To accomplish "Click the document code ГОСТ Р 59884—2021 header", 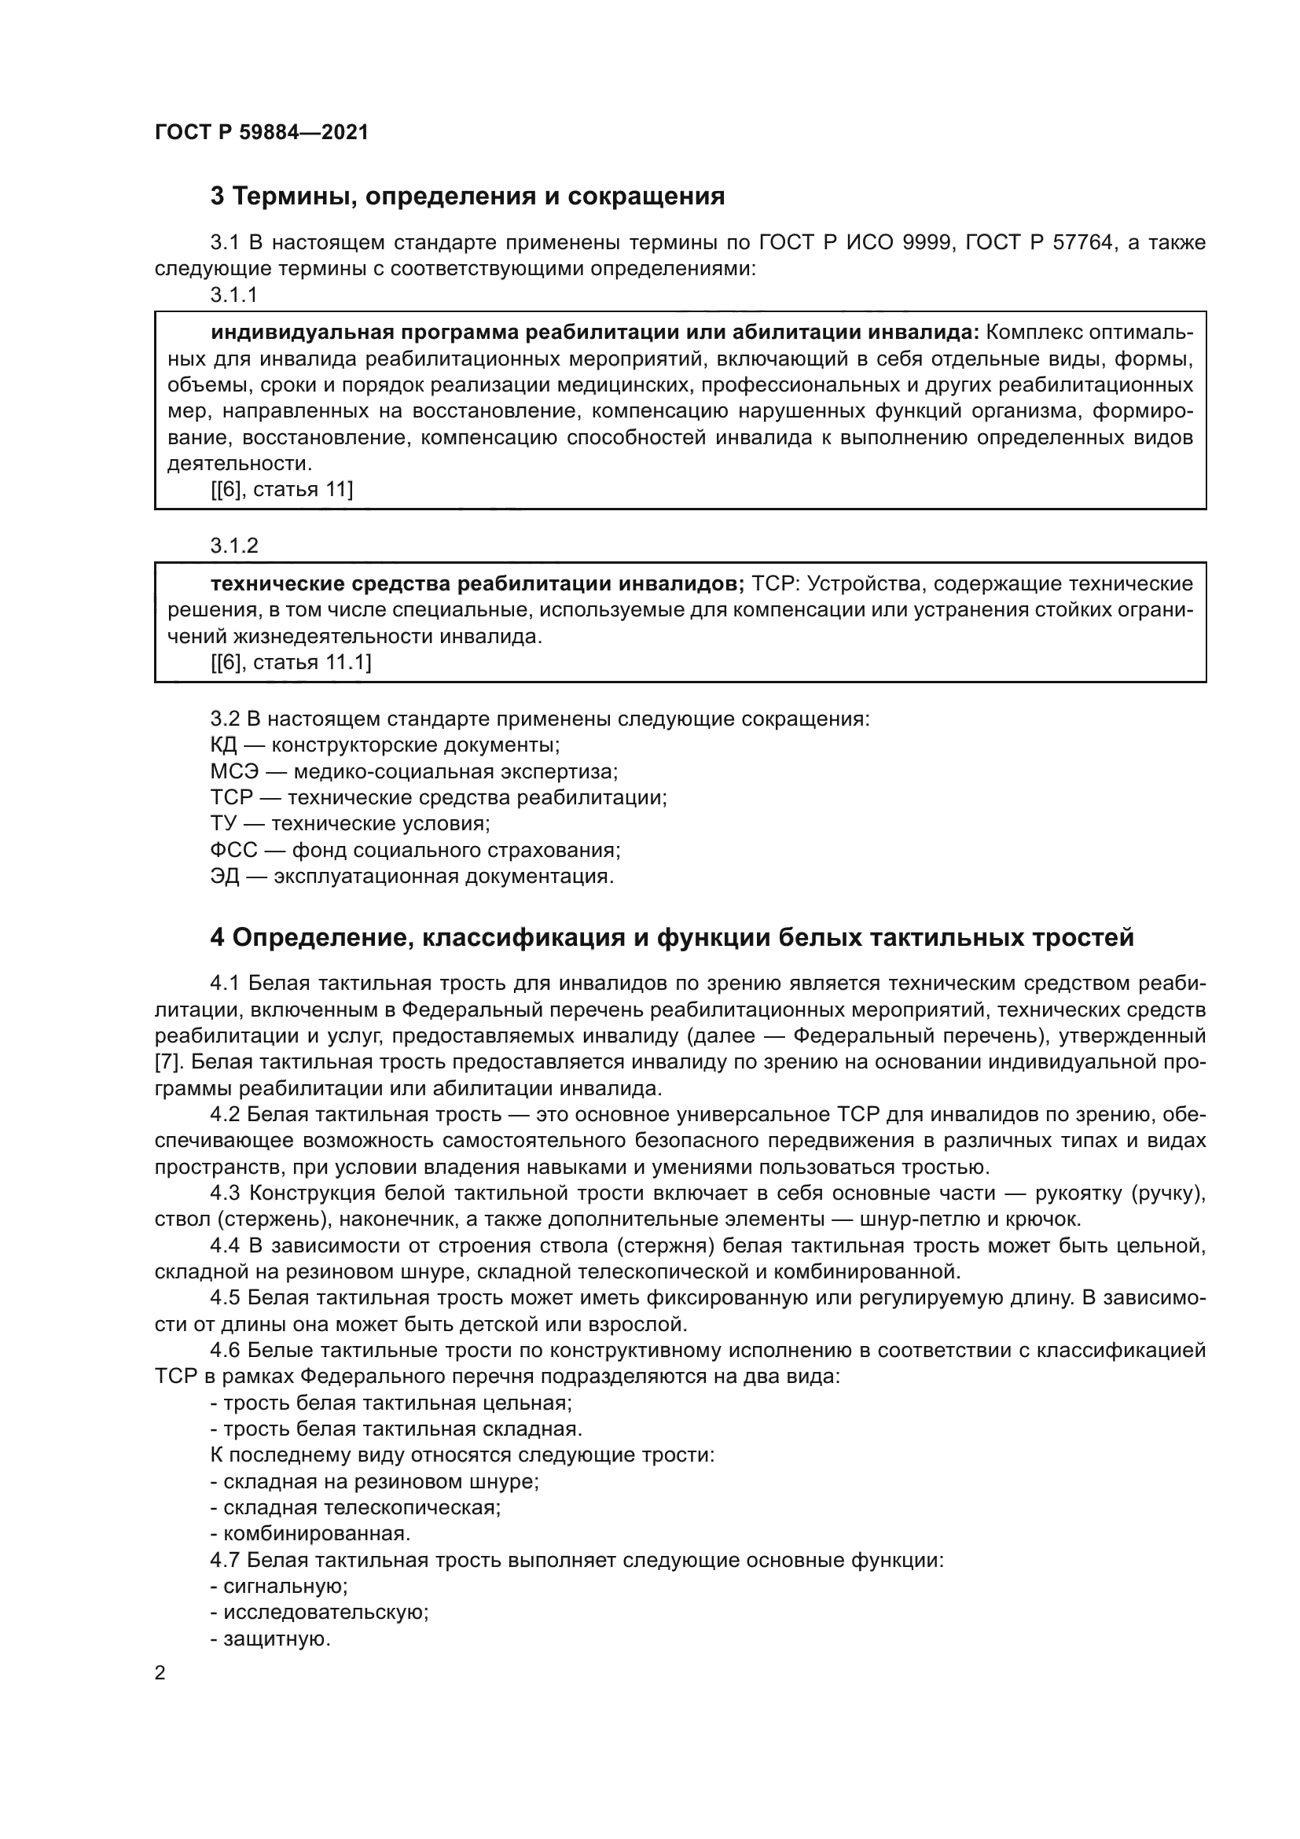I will [x=262, y=132].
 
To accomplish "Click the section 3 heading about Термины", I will [x=467, y=196].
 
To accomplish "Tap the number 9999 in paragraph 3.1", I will [x=927, y=243].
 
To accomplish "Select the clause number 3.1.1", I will [x=233, y=295].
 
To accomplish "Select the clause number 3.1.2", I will [x=233, y=546].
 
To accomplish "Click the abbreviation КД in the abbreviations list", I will [x=223, y=745].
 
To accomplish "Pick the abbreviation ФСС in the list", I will [x=233, y=850].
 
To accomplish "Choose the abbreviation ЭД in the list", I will [x=224, y=876].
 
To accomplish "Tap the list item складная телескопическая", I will [x=360, y=1507].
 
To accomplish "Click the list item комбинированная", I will [x=315, y=1534].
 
